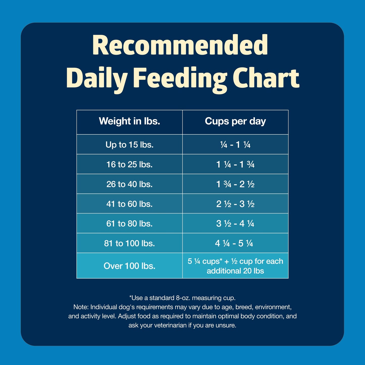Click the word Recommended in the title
[x=180, y=45]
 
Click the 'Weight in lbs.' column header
[x=129, y=121]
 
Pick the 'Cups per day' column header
[x=235, y=121]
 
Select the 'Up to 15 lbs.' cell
[x=129, y=144]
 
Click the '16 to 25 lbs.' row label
[x=129, y=164]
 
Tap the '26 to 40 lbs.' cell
[x=129, y=184]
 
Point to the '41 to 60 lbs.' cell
[x=129, y=204]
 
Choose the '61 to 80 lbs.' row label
[x=129, y=224]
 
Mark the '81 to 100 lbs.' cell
[x=129, y=243]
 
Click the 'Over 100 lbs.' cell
[x=129, y=266]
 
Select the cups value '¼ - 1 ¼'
[x=235, y=144]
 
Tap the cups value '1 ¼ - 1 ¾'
[x=235, y=164]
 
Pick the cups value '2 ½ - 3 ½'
[x=235, y=204]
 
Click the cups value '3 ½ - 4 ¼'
[x=235, y=224]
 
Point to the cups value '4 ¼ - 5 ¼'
[x=234, y=243]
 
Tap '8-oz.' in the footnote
[x=183, y=298]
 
